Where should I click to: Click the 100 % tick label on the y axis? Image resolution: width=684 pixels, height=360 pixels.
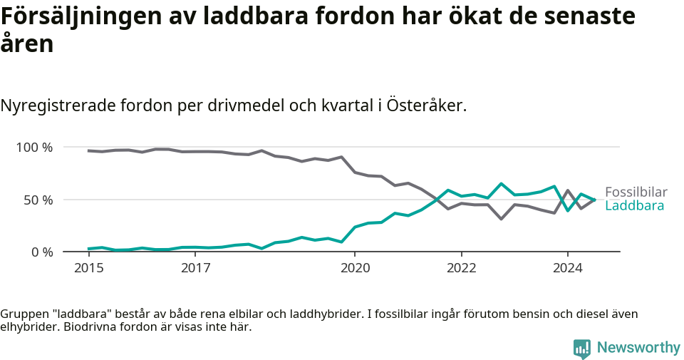point(34,148)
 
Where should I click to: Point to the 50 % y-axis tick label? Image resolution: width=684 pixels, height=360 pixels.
point(38,200)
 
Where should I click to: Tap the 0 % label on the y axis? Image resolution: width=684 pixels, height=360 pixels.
point(41,252)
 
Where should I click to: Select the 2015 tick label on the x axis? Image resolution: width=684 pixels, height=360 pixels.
point(89,268)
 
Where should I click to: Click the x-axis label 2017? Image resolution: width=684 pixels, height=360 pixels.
point(195,268)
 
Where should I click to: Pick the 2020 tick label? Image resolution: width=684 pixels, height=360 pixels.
point(355,268)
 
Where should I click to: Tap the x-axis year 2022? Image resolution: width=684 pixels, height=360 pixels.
point(461,268)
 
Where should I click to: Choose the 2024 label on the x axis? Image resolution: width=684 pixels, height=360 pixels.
point(568,268)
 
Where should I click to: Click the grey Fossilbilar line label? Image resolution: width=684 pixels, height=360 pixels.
point(636,192)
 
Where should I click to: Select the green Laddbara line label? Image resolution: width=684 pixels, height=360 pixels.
point(634,206)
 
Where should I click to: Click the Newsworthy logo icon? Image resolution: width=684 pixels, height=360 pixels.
point(582,349)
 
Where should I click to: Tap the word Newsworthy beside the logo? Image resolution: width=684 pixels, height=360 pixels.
point(638,348)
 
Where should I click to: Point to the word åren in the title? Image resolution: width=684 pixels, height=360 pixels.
point(27,44)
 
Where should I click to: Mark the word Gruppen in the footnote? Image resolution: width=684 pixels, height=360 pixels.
point(21,314)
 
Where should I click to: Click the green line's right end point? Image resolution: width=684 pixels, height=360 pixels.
point(594,200)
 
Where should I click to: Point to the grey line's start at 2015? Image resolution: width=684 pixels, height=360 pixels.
point(88,150)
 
